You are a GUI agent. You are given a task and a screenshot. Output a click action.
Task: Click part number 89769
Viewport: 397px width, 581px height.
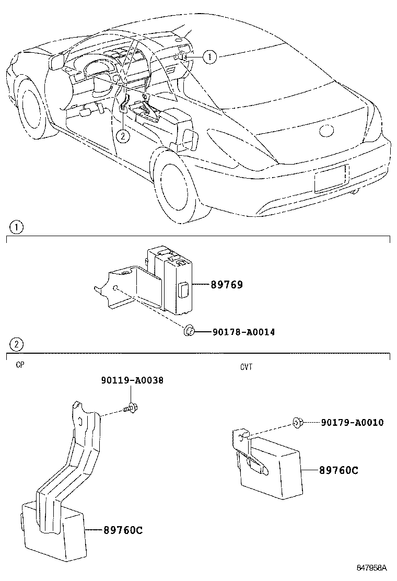227,285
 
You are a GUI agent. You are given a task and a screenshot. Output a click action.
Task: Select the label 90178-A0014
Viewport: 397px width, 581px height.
243,332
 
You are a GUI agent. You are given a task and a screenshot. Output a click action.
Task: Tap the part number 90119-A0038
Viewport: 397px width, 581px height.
132,381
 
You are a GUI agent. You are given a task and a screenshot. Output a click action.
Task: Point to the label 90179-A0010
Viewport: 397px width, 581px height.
353,422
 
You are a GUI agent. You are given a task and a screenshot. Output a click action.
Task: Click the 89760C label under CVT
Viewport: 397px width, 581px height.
338,470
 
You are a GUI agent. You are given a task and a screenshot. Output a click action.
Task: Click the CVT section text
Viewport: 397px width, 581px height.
246,367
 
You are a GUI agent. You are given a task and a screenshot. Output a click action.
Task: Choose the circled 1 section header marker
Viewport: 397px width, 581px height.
17,228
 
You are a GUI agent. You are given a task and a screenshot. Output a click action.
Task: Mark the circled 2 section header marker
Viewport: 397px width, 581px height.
17,344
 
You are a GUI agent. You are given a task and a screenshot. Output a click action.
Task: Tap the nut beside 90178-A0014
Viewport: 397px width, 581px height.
190,330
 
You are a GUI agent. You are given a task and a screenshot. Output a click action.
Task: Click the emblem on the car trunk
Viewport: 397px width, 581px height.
326,131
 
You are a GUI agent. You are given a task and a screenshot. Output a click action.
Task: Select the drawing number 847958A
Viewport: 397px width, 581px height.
371,567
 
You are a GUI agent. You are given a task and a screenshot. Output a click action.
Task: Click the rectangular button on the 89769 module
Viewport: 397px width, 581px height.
183,289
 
